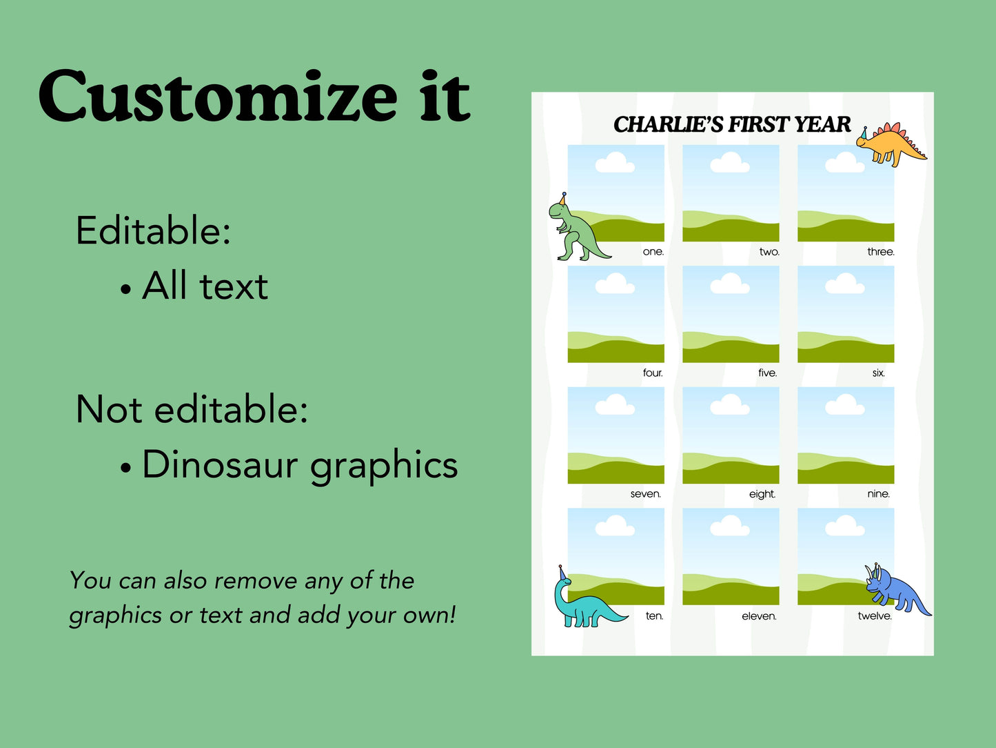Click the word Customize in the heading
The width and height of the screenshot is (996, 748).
[218, 97]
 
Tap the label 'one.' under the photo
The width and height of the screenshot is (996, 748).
[653, 252]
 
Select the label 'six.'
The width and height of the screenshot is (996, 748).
[878, 373]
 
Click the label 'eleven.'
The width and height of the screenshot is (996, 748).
[759, 616]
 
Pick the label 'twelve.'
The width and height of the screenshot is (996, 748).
[875, 616]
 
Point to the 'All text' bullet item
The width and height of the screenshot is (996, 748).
[205, 286]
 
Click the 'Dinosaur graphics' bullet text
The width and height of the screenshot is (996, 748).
[300, 465]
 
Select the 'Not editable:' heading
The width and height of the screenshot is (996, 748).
[192, 409]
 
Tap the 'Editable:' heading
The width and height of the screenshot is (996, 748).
[153, 230]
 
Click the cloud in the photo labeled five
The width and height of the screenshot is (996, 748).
[730, 284]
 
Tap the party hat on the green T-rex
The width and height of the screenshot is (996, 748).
[563, 199]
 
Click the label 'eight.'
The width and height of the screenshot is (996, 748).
[762, 494]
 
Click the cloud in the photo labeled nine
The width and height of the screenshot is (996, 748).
[845, 405]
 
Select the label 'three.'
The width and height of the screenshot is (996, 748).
[880, 252]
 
